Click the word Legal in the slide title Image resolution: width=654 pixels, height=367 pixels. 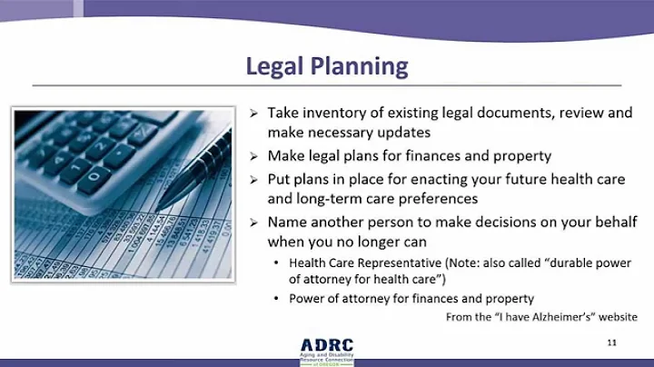tap(276, 66)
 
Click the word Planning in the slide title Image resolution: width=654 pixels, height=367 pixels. tap(356, 67)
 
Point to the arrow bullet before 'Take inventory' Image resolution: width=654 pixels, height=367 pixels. tap(255, 114)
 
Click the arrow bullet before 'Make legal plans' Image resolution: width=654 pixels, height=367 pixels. tap(255, 157)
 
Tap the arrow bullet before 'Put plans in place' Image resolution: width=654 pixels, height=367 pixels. tap(255, 180)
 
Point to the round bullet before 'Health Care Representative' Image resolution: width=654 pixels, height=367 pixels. tap(276, 263)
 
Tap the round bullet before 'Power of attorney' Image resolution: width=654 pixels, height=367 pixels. tap(276, 299)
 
